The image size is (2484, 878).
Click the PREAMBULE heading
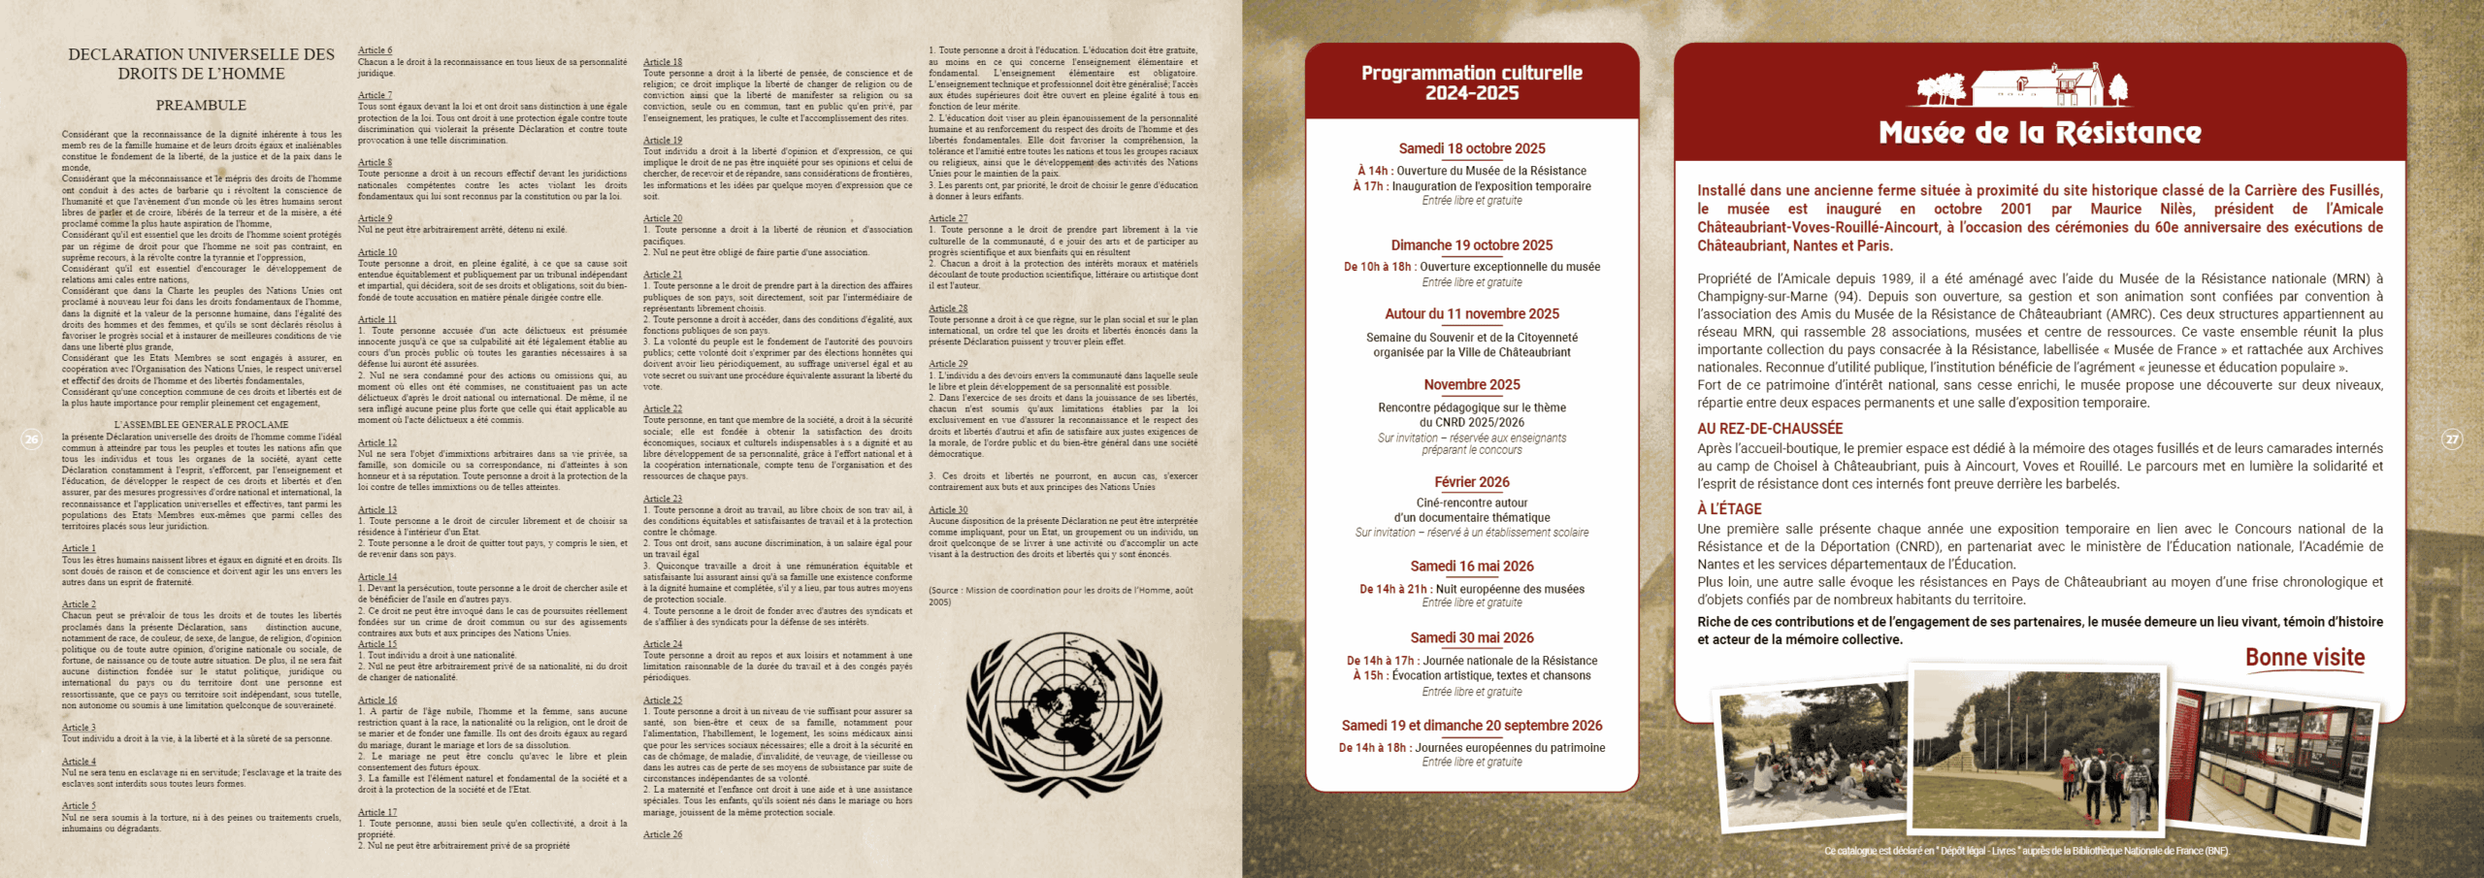point(201,105)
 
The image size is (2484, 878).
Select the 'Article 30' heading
point(948,509)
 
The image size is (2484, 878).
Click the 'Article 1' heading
point(79,548)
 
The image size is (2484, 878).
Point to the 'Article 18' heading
point(663,62)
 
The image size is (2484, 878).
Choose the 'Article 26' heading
point(663,834)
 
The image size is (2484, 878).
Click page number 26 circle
point(31,439)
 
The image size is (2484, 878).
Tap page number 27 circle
point(2452,439)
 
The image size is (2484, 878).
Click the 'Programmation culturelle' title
point(1471,82)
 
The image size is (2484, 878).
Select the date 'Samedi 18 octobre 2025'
point(1471,148)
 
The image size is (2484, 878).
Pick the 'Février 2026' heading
point(1471,482)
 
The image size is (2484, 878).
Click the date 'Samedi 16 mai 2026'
point(1471,567)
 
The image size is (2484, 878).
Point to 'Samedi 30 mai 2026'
point(1471,638)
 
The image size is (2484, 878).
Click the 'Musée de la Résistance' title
point(2040,133)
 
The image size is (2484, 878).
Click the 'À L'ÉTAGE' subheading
point(1729,509)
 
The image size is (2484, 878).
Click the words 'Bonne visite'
point(2304,658)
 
